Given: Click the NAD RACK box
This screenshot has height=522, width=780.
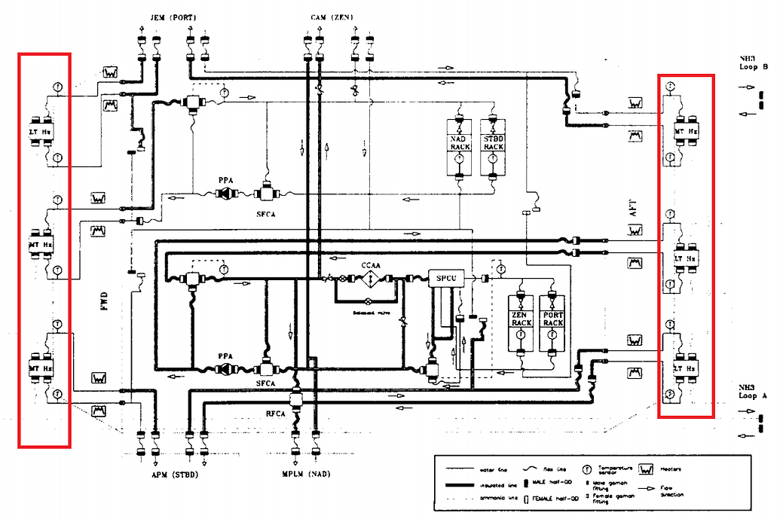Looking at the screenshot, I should [x=460, y=143].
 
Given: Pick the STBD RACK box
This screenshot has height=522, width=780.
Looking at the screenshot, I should [x=494, y=143].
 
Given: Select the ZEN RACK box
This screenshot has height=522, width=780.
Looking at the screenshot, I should [x=522, y=319].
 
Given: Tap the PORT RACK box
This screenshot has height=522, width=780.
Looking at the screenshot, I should [x=552, y=319].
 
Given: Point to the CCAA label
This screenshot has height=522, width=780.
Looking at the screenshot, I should [x=370, y=265].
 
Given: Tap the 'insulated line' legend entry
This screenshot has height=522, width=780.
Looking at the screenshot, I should [x=474, y=484].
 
